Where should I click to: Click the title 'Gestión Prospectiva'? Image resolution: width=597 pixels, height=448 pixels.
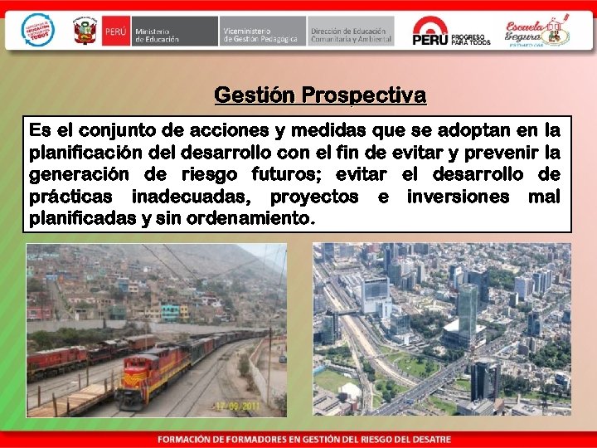pyautogui.click(x=320, y=95)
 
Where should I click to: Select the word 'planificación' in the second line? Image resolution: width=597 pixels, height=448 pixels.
pyautogui.click(x=84, y=153)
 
